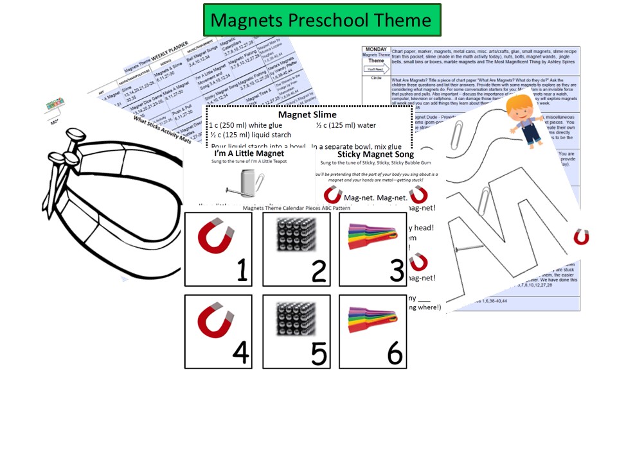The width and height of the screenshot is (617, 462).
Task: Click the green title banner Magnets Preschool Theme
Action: pos(321,20)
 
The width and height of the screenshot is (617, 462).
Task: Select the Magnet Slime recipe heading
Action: pos(307,114)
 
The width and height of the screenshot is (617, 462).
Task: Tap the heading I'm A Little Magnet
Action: pos(240,153)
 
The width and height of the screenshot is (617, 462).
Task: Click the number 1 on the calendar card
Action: pos(241,271)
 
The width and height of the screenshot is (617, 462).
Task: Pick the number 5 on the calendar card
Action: pos(319,352)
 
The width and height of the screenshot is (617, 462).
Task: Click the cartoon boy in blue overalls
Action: pos(523,122)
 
